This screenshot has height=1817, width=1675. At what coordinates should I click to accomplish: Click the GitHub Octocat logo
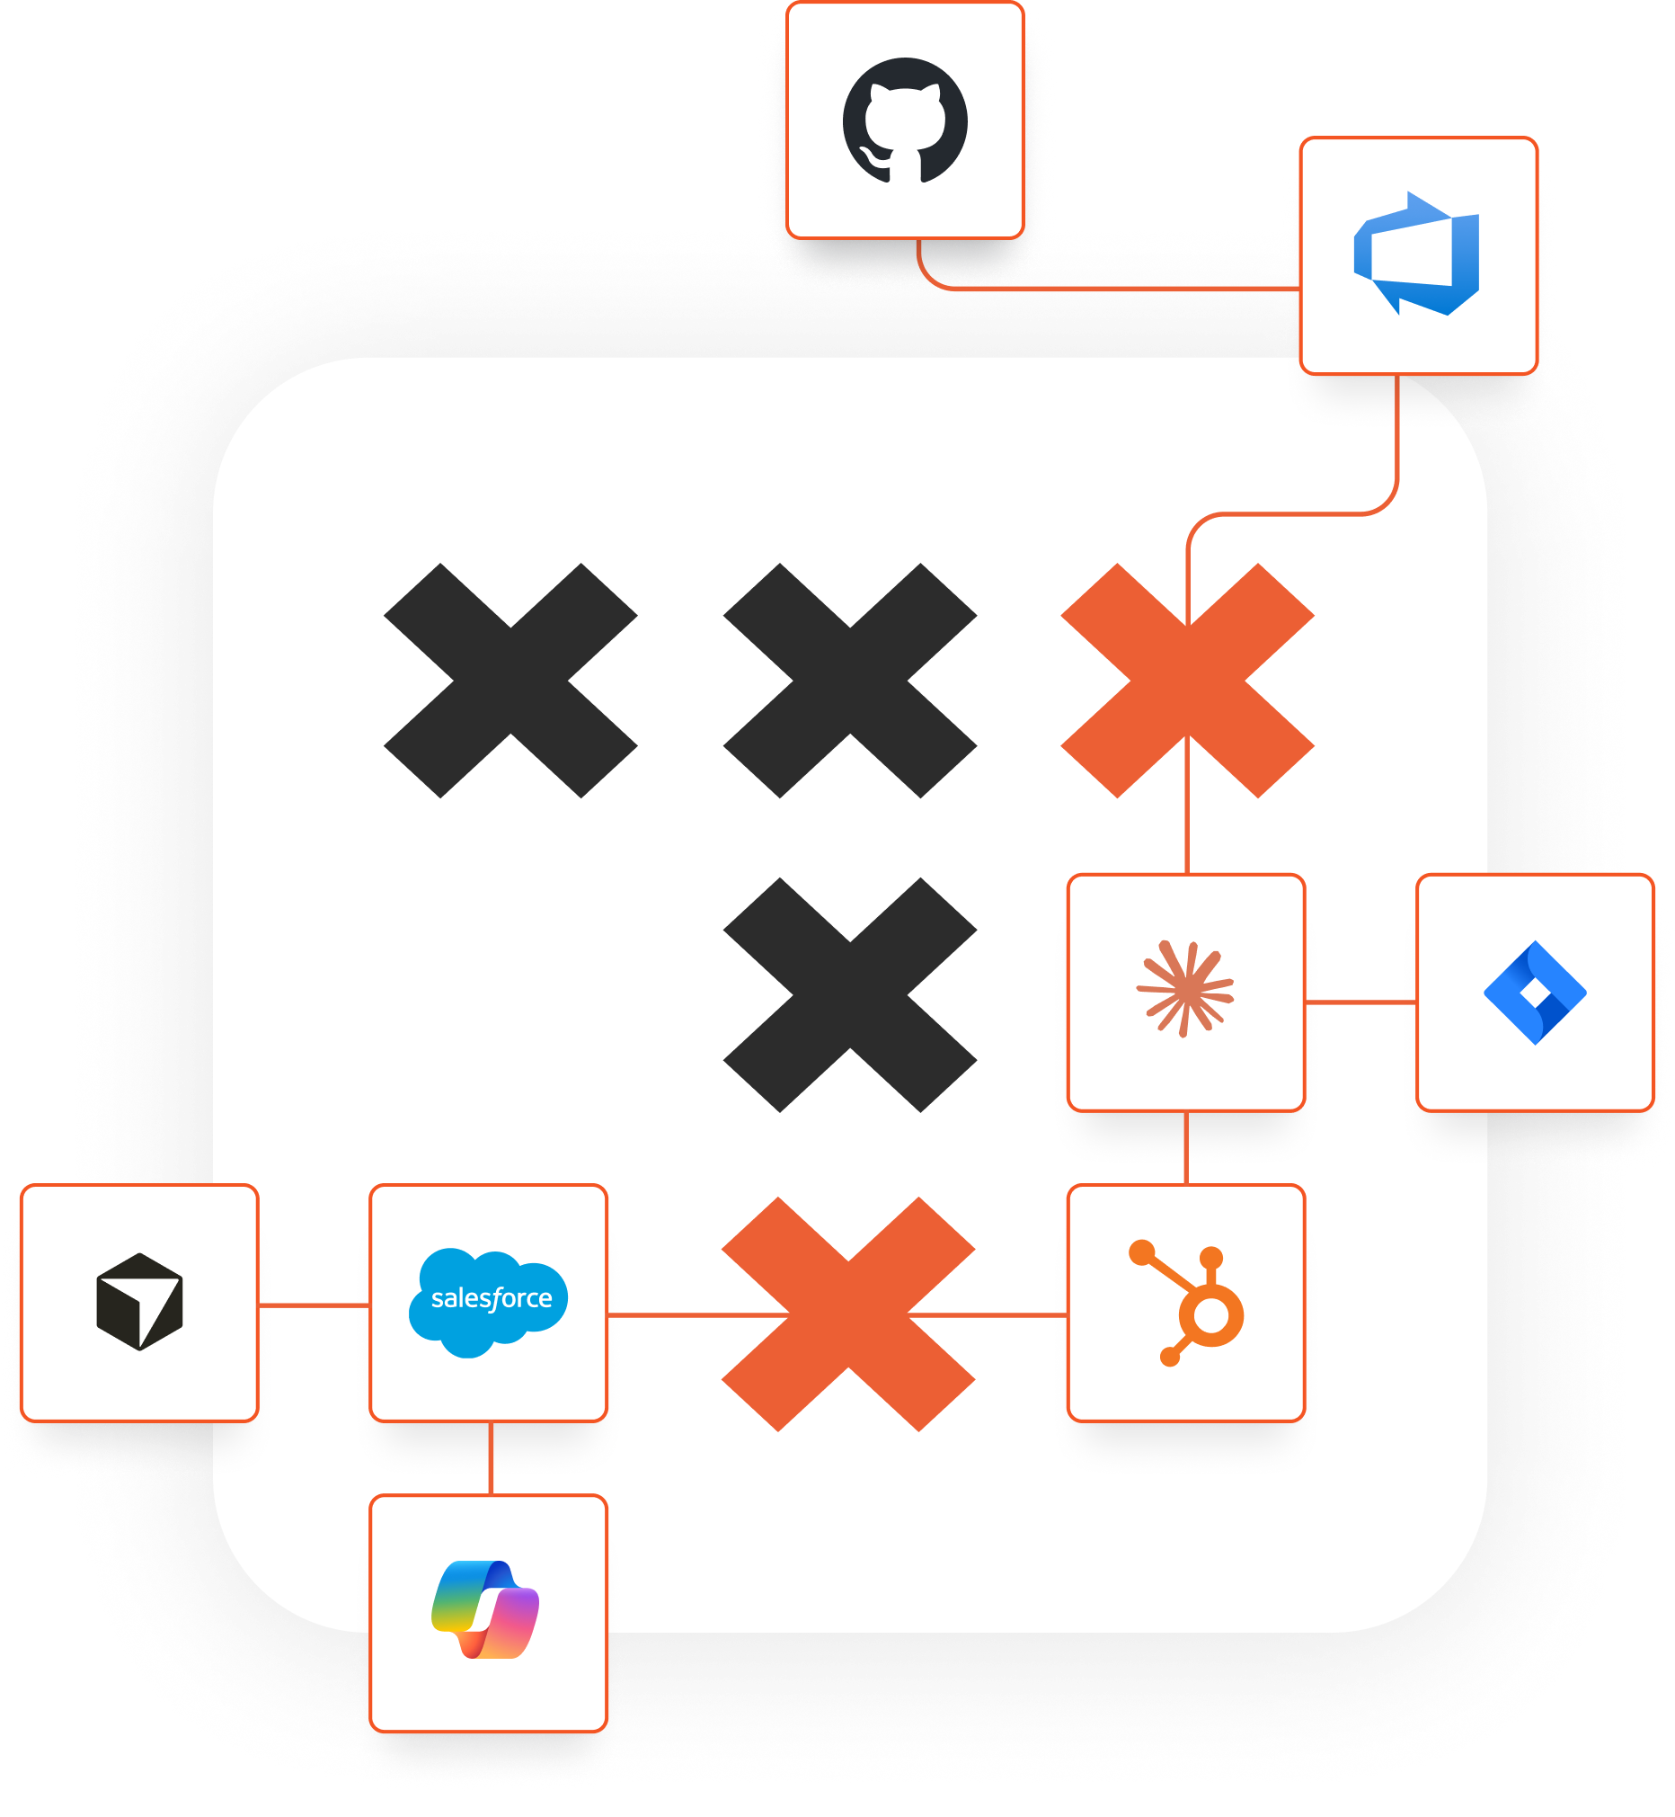coord(905,120)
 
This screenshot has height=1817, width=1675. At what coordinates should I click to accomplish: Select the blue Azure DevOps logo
coord(1417,254)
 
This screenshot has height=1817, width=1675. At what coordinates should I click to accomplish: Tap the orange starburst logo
coord(1184,989)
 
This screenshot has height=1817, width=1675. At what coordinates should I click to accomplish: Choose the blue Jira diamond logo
coord(1535,993)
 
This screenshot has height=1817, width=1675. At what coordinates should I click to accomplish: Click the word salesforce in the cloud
coord(492,1298)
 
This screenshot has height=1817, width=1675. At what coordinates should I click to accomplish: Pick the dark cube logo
coord(139,1302)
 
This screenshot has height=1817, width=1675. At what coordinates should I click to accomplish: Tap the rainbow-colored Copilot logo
coord(486,1609)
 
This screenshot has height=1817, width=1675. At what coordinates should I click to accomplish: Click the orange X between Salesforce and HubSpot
coord(848,1314)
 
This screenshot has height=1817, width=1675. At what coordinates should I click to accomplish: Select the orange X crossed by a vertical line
coord(1187,681)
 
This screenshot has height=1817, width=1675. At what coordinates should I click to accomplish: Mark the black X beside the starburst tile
coord(850,994)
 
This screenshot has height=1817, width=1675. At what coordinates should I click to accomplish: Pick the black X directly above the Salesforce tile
coord(510,681)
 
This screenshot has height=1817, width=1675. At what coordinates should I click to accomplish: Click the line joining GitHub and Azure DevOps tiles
coord(1106,289)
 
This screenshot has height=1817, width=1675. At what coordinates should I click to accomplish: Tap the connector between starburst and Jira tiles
coord(1360,1002)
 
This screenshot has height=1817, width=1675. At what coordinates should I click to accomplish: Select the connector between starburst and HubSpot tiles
coord(1186,1148)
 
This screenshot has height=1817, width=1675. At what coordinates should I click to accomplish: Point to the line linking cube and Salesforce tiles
coord(314,1305)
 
